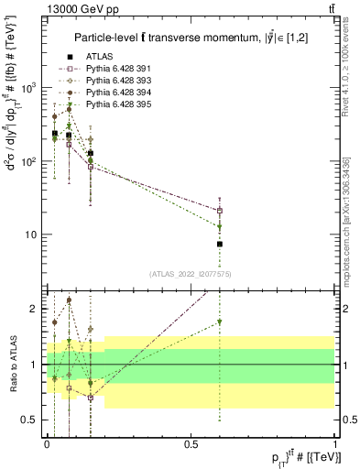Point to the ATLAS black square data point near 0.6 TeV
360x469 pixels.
[x=220, y=245]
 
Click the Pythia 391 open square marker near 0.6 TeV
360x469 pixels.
[x=220, y=211]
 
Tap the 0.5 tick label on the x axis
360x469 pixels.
[x=191, y=443]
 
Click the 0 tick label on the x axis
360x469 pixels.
[x=46, y=443]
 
